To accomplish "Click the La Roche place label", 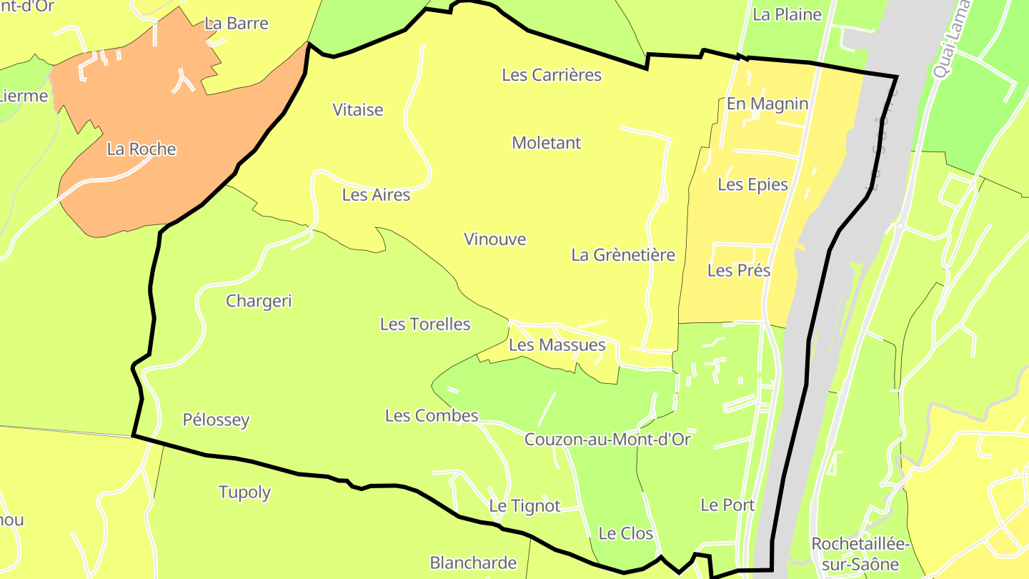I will pos(141,149).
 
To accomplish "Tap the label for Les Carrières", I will pos(552,75).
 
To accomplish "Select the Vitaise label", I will pos(358,110).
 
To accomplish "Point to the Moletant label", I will pos(547,143).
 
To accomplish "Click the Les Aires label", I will pos(376,195).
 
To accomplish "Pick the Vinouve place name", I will pos(494,239).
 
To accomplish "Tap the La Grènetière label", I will pos(623,255).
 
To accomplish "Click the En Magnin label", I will pos(767,104).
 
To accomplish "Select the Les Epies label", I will pos(752,185).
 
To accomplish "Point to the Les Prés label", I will pos(739,271).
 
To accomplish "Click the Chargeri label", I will pos(259,301).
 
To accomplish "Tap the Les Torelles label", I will pos(425,325).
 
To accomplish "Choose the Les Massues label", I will pos(557,345).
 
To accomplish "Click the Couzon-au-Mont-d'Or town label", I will pos(607,440).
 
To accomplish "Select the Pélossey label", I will pos(216,420).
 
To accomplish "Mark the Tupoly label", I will pos(244,493).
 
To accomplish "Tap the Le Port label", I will pos(727,505).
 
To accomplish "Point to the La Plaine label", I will pos(787,15).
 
